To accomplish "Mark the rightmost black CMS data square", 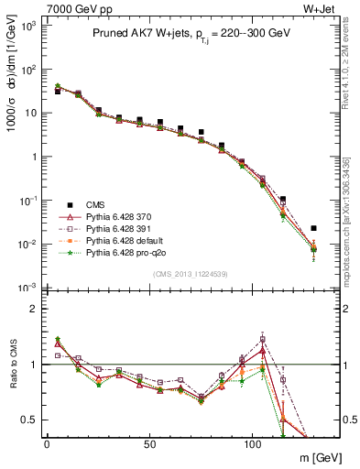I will click(x=313, y=228).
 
